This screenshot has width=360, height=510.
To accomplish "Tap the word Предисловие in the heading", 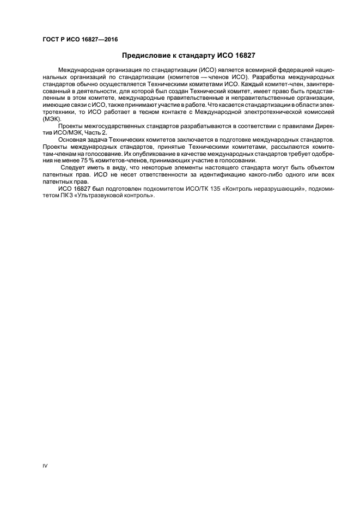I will pos(146,56).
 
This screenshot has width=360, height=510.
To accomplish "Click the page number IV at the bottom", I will pos(45,466).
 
